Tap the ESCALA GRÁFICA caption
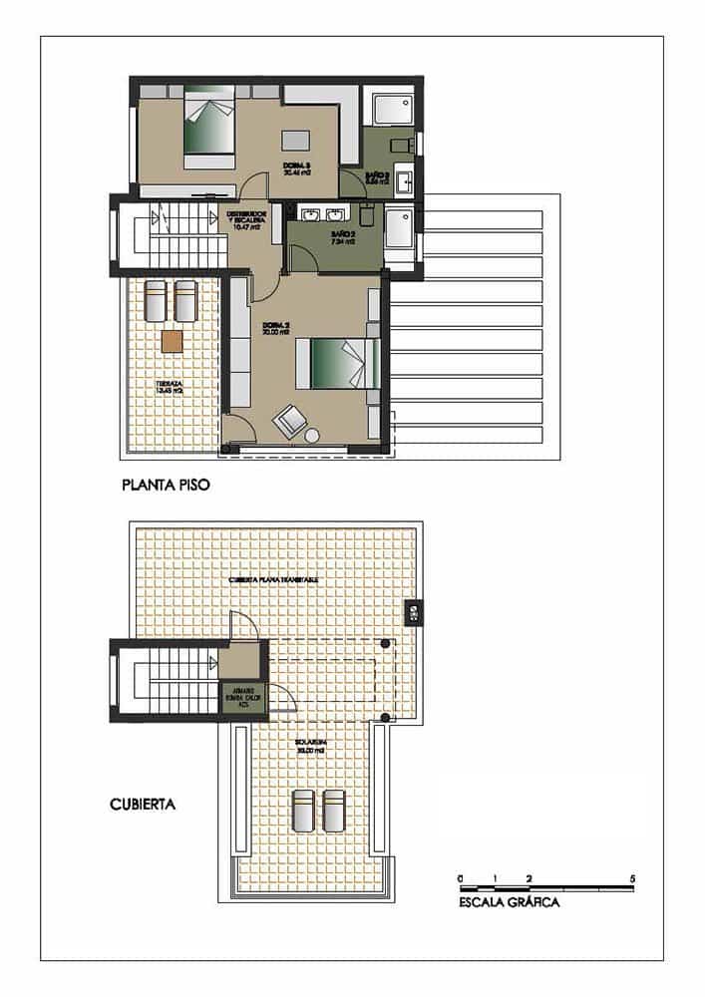(509, 903)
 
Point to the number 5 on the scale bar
(633, 878)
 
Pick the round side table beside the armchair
(313, 436)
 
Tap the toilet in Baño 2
(367, 217)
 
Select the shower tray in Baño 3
(389, 109)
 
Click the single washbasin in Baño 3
(404, 182)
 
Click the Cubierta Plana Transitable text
(273, 579)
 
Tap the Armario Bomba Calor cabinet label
(243, 696)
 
